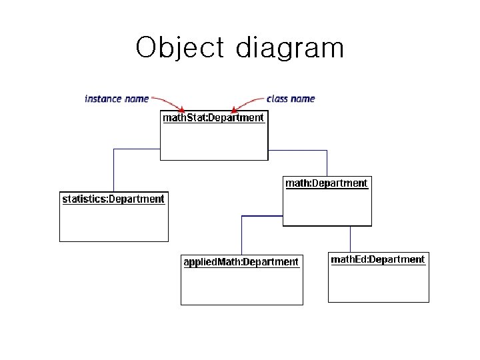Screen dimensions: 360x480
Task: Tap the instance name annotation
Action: (117, 99)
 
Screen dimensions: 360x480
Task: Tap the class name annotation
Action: (291, 99)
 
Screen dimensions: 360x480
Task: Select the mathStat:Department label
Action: (213, 118)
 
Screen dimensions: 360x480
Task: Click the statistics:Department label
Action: (113, 199)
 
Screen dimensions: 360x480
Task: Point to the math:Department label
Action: (327, 183)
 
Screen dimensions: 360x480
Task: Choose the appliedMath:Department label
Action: (241, 262)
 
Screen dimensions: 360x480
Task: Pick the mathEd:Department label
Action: (378, 259)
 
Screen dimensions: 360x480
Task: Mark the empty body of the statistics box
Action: (113, 223)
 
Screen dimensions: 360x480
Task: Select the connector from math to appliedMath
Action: (242, 230)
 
